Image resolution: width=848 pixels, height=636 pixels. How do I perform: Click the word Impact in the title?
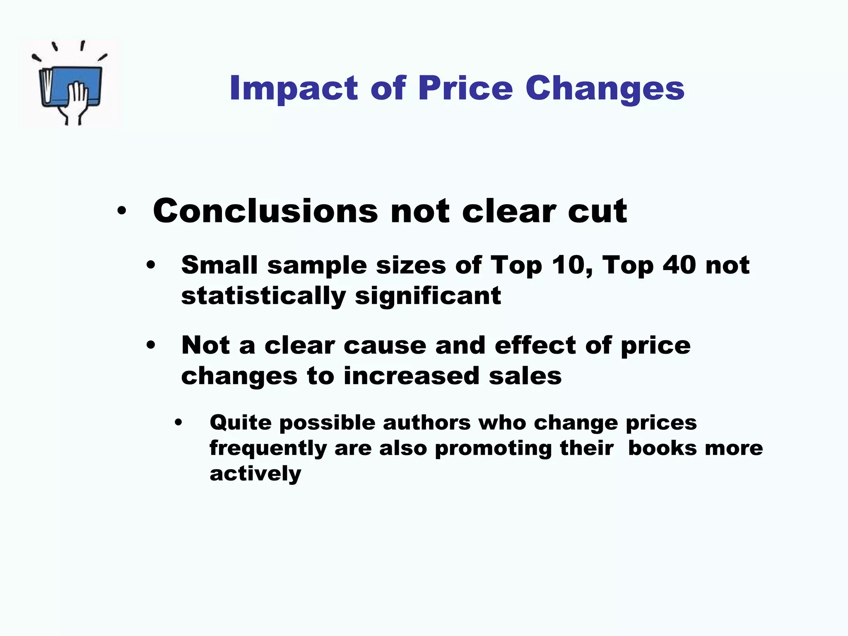[294, 88]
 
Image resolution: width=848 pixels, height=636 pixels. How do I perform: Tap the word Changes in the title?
[605, 88]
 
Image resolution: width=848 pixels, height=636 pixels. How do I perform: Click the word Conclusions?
[265, 211]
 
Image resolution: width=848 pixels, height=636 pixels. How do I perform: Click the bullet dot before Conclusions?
[121, 211]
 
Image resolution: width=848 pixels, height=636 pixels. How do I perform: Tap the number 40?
[679, 265]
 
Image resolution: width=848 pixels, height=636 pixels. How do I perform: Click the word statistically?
[263, 296]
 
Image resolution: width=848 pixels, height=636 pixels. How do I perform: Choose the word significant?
[428, 296]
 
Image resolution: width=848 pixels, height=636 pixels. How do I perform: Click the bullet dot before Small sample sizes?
[151, 265]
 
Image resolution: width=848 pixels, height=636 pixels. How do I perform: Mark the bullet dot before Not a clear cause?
[151, 346]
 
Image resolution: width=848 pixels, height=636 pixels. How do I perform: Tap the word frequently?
[268, 448]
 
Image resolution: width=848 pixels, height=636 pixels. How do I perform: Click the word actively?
[255, 473]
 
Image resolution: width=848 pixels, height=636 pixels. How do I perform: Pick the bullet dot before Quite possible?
[178, 423]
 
